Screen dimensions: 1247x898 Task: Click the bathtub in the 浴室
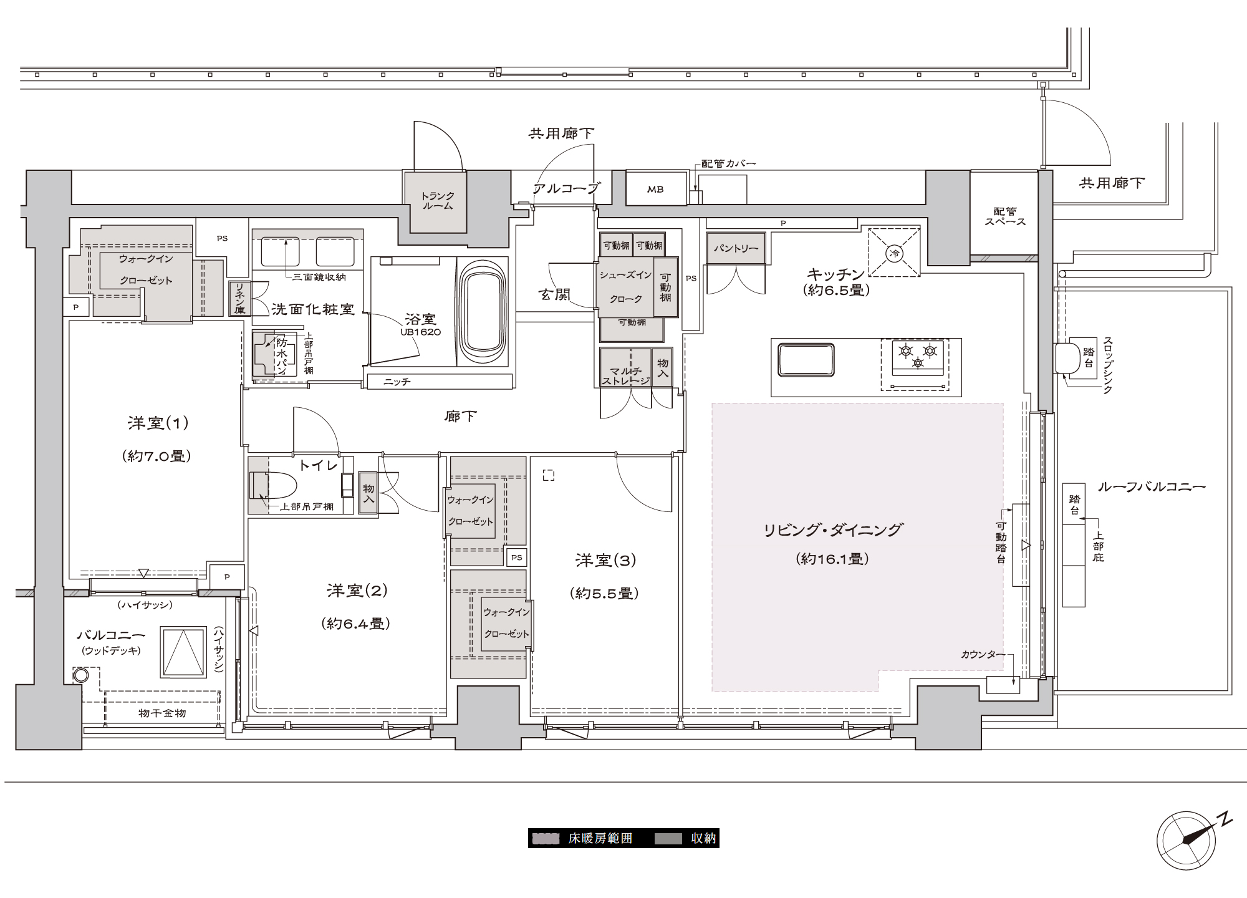coord(483,312)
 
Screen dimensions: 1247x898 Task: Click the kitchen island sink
coord(806,360)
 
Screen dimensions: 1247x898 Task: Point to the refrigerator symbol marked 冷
coord(895,253)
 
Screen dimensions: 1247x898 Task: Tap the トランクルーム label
coord(437,201)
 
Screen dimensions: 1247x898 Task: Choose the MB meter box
coord(655,190)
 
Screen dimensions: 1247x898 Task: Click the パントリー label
coord(736,248)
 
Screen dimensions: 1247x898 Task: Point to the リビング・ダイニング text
coord(833,529)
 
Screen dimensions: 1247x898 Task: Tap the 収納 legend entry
coord(686,838)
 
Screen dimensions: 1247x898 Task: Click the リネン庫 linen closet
coord(239,299)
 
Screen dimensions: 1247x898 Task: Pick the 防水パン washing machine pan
coord(270,354)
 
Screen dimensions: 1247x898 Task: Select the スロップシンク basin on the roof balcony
coord(1070,359)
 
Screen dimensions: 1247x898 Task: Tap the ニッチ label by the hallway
coord(397,382)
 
